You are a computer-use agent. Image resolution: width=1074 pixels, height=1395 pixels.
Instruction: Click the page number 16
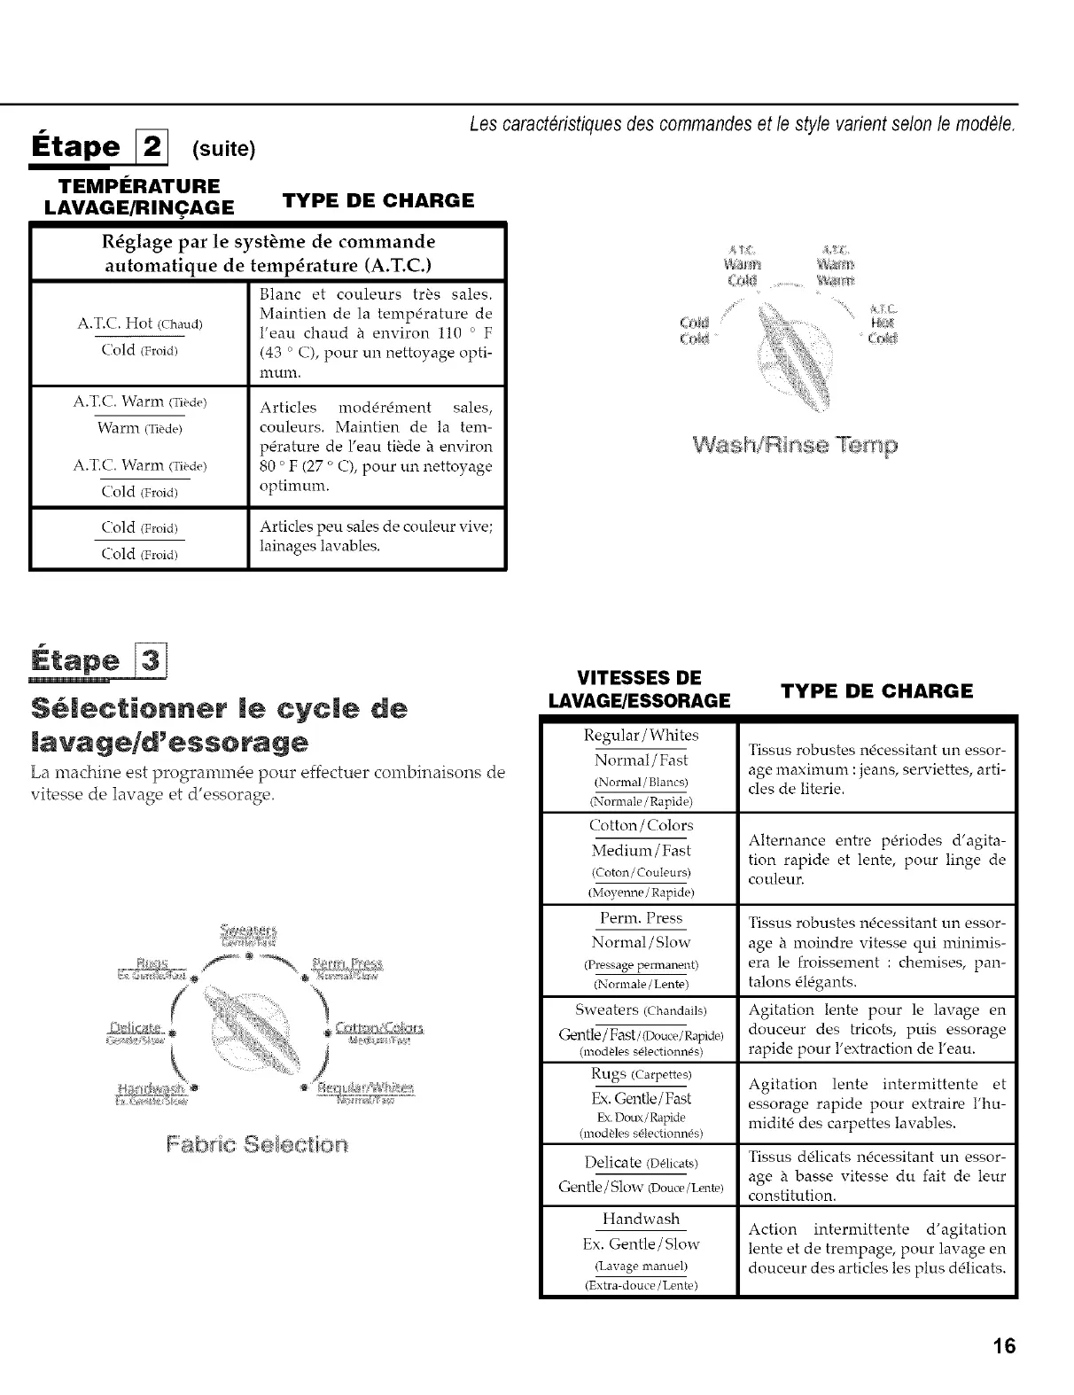[x=1004, y=1346]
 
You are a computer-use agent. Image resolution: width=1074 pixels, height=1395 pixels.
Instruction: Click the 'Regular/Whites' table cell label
[x=642, y=736]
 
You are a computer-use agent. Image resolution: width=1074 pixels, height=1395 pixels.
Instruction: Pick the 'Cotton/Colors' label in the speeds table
[x=642, y=826]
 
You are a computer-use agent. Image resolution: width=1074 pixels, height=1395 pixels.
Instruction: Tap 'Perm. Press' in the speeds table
[x=642, y=918]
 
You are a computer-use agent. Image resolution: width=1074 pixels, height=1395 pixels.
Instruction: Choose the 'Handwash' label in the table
[x=642, y=1220]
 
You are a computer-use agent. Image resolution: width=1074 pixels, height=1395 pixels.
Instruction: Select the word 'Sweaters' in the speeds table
[x=607, y=1010]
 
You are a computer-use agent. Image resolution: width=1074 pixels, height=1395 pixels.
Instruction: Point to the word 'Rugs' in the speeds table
[x=609, y=1074]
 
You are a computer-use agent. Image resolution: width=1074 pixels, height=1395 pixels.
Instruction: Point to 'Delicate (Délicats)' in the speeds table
[x=642, y=1163]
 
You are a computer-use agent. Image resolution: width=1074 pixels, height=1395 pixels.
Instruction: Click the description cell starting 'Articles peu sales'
[x=376, y=536]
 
